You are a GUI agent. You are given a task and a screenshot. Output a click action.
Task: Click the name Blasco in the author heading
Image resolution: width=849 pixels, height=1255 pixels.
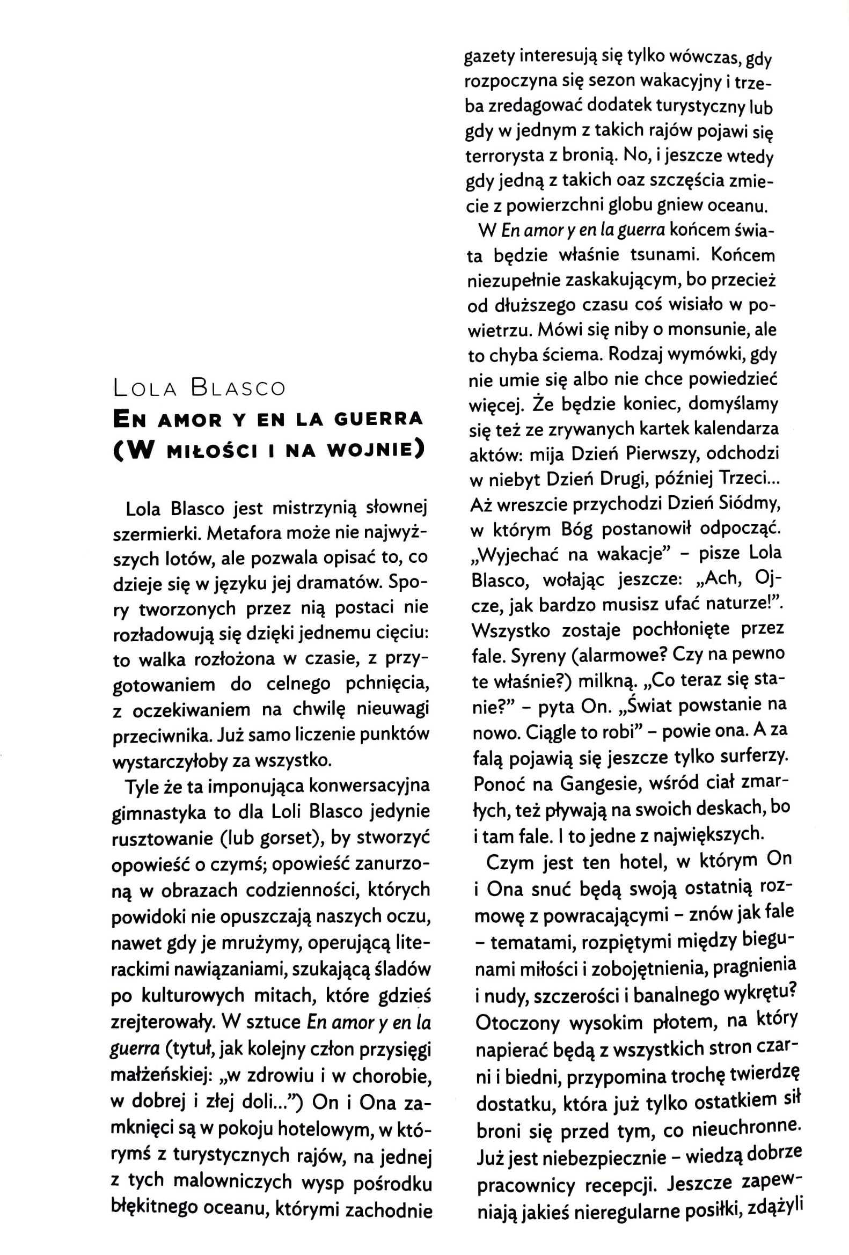click(x=238, y=388)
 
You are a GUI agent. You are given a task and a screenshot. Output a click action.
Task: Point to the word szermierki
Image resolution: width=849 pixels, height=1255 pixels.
click(x=150, y=533)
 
